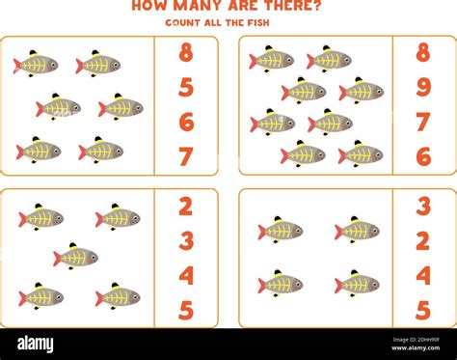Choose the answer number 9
coord(422,88)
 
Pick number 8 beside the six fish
coord(186,54)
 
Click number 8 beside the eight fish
coord(422,53)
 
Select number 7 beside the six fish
coord(186,156)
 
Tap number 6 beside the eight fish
coord(422,156)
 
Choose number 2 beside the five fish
coord(186,207)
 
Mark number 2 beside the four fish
coord(422,241)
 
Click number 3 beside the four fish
coord(422,207)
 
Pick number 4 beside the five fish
coord(186,276)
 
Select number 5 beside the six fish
coord(186,88)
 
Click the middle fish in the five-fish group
coord(75,257)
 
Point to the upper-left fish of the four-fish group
coord(281,231)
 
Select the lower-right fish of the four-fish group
coord(357,285)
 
